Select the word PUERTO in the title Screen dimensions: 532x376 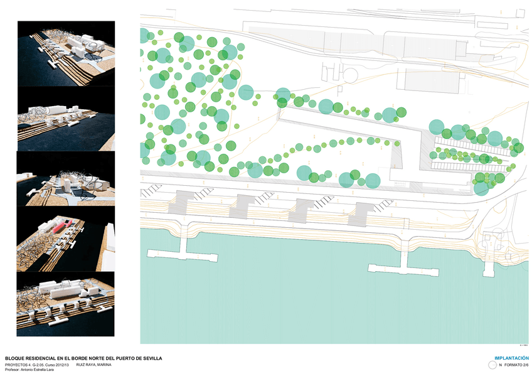pyautogui.click(x=123, y=358)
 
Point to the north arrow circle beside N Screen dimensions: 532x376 pyautogui.click(x=492, y=364)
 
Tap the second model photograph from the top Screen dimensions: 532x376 pyautogui.click(x=66, y=119)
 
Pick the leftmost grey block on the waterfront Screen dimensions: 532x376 pyautogui.click(x=183, y=202)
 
